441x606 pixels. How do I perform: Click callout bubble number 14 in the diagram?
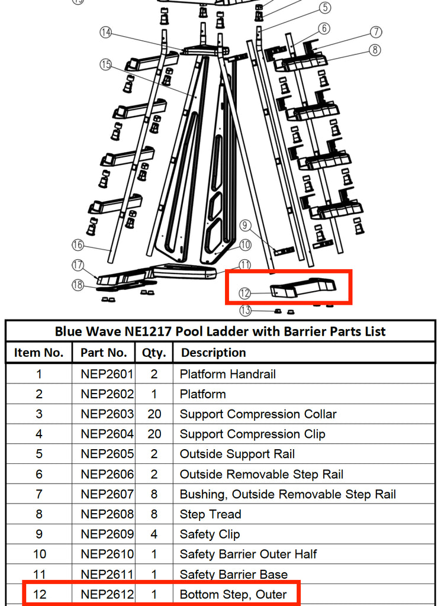(x=106, y=33)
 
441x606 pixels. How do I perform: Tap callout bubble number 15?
(x=106, y=65)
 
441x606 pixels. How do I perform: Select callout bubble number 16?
(x=78, y=244)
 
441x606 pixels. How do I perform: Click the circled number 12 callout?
(x=246, y=293)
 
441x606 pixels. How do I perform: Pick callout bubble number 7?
(x=376, y=32)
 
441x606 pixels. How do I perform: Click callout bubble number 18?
(x=78, y=285)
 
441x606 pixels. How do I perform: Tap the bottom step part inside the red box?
(x=302, y=288)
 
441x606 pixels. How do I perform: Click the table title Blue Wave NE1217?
(x=220, y=331)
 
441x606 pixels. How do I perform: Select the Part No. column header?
(x=104, y=353)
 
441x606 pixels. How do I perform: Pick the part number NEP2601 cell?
(x=107, y=374)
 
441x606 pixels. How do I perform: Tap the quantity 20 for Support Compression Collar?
(x=154, y=414)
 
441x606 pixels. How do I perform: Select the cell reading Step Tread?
(x=210, y=514)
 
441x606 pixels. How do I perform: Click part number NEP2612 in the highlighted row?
(x=107, y=594)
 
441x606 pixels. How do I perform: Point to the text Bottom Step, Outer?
(x=233, y=594)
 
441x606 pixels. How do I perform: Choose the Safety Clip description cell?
(x=210, y=534)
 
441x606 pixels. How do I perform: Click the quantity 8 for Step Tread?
(x=154, y=514)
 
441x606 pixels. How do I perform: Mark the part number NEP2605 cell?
(x=107, y=454)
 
